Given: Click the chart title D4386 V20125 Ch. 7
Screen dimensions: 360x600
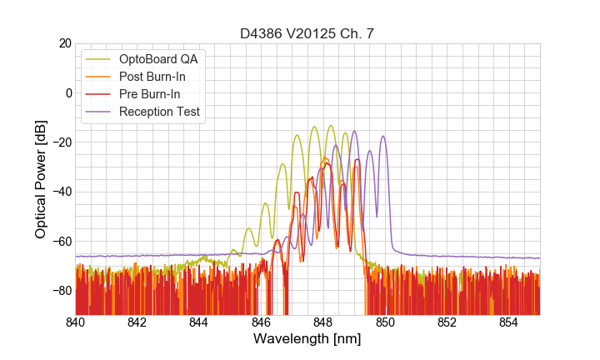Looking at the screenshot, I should coord(307,33).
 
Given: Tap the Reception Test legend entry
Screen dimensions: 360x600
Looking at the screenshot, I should coord(171,112).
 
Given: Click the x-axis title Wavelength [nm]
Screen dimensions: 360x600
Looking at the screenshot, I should coord(307,339).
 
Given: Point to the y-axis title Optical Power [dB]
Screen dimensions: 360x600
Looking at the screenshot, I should coord(41,178).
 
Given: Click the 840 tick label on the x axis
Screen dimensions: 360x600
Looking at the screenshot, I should coord(75,322).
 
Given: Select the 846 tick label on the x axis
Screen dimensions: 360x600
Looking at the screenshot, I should coord(261,322).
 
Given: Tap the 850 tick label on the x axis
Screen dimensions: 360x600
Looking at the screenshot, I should coord(385,322).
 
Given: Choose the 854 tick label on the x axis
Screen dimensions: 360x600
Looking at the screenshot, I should coord(508,322).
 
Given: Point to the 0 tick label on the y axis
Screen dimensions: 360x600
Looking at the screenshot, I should coord(68,92).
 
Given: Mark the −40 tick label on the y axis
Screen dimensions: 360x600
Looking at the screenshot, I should coord(61,192).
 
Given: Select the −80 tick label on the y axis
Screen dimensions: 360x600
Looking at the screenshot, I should coord(61,290).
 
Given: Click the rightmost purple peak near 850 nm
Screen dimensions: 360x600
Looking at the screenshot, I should coord(383,137).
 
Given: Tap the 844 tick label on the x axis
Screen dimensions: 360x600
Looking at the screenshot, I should coord(199,322).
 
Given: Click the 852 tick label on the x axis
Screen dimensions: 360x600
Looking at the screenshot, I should coord(447,322).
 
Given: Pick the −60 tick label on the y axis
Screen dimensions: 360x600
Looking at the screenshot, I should coord(61,241).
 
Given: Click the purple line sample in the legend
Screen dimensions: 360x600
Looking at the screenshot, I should coord(98,112).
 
